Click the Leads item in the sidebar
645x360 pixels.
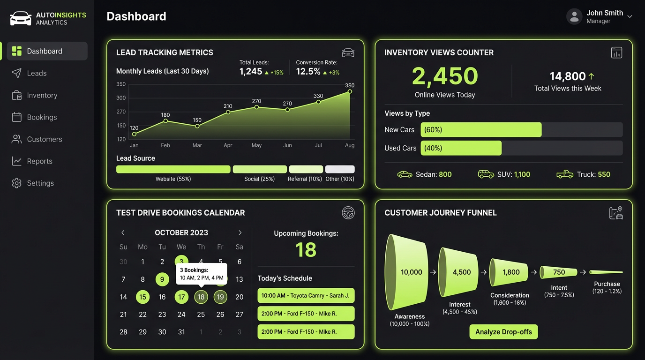37,73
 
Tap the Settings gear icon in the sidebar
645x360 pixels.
17,183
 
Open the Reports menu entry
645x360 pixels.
39,161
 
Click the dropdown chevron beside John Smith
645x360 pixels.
630,16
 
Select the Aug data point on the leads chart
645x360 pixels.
350,91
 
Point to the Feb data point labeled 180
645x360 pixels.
165,121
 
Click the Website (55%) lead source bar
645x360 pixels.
173,169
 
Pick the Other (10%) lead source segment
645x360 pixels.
340,169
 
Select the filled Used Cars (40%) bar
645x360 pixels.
461,148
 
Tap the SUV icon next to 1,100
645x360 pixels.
486,174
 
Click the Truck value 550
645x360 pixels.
604,174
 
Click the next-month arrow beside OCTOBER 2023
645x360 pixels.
240,233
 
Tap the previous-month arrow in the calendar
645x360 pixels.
123,233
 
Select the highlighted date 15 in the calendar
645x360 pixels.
142,297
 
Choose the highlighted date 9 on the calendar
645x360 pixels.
162,280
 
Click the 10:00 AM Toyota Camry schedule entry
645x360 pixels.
306,296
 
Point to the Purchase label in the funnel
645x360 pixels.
607,284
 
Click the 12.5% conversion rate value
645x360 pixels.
308,71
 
